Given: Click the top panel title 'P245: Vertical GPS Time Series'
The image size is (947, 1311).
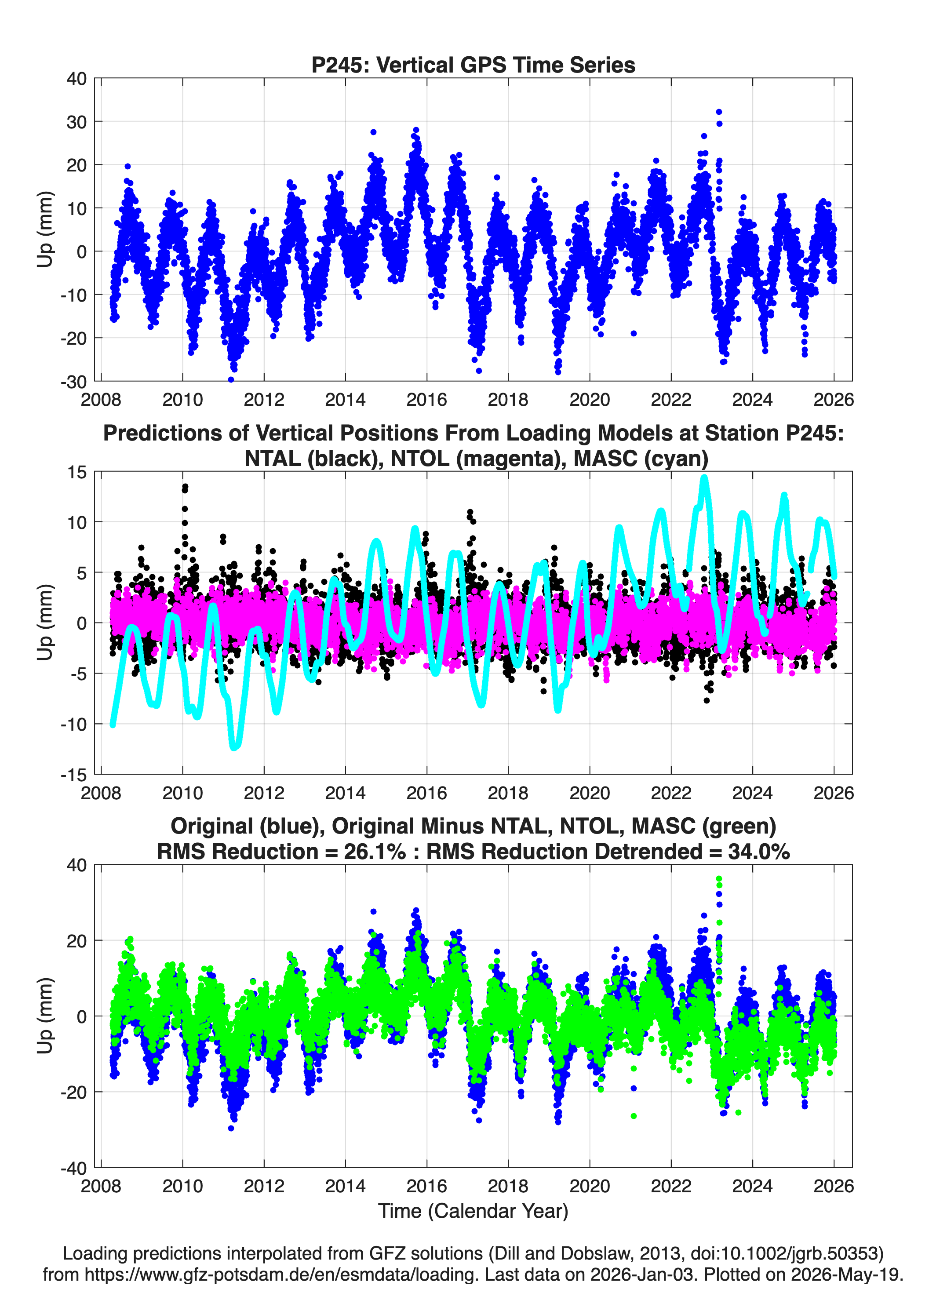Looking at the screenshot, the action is (x=473, y=65).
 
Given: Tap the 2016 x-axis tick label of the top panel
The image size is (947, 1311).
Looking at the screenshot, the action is (x=426, y=400).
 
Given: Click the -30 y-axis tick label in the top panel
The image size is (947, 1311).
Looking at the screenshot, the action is (x=73, y=382).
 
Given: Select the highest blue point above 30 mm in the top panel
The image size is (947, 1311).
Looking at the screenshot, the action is (x=719, y=112).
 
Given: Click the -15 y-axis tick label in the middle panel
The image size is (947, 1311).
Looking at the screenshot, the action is (x=73, y=775).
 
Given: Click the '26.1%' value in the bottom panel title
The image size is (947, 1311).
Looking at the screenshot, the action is (x=375, y=852).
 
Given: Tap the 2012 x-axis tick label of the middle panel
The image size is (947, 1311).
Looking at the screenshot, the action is (x=264, y=793).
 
